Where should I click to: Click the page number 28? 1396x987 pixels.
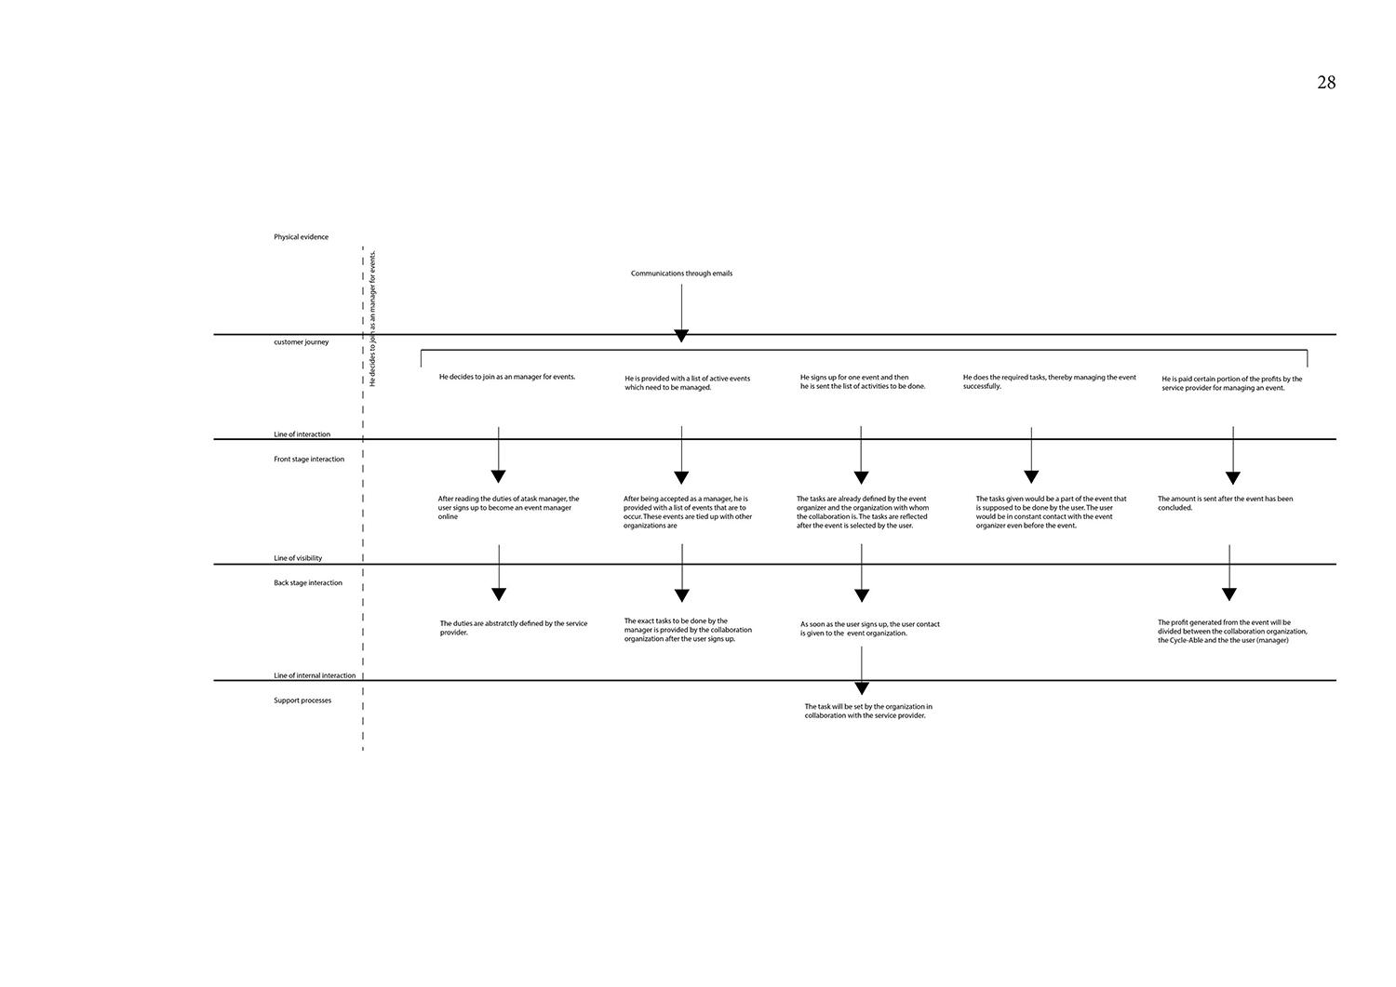[1326, 83]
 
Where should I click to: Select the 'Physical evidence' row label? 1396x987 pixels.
[301, 237]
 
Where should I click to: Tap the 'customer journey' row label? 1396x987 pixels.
[301, 342]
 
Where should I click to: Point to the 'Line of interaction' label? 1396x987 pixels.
[302, 434]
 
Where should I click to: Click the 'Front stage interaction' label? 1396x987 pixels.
[309, 460]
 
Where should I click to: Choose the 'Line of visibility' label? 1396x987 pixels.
[298, 558]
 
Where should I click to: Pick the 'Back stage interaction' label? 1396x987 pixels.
[308, 583]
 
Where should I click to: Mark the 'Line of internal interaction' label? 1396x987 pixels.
[315, 675]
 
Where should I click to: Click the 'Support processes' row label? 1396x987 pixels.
[302, 700]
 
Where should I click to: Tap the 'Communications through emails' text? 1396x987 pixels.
[681, 273]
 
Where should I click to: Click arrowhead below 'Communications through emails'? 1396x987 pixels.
[681, 336]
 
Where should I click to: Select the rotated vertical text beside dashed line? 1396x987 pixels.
[373, 318]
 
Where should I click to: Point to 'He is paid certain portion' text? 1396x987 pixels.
[1231, 383]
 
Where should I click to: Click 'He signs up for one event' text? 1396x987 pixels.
[863, 382]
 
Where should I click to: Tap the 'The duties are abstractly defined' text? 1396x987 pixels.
[514, 628]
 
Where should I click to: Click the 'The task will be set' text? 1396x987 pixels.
[868, 711]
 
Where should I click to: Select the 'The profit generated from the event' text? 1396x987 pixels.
[1232, 632]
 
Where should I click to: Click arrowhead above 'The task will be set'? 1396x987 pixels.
[862, 688]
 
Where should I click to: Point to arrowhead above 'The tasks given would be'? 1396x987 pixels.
[1031, 476]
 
